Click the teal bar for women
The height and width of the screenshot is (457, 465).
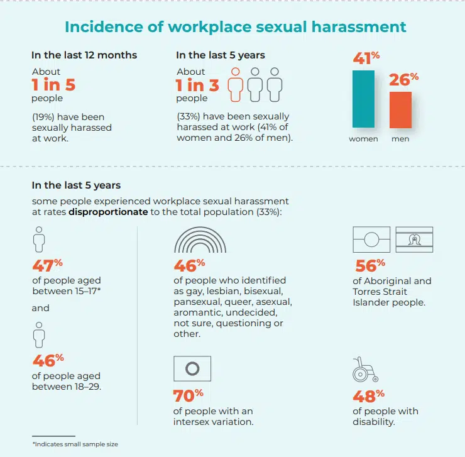[x=363, y=99]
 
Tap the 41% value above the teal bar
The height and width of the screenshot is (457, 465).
[x=366, y=60]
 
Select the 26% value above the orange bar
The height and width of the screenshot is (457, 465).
[x=403, y=80]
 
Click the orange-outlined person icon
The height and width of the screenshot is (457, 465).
[x=236, y=85]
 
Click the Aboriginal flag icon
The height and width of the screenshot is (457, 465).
[x=373, y=240]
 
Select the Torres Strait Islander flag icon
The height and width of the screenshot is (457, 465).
[x=413, y=240]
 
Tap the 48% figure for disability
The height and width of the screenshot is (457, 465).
[x=368, y=396]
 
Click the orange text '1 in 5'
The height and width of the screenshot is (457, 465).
[x=53, y=85]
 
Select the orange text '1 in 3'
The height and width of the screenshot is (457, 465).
[x=197, y=85]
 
